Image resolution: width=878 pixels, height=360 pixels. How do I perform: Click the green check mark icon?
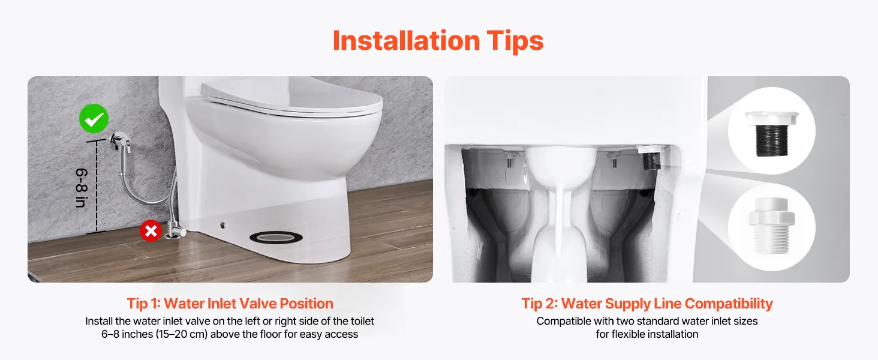94,118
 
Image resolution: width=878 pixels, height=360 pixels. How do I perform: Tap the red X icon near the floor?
151,230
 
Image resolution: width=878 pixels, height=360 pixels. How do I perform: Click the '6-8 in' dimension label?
82,188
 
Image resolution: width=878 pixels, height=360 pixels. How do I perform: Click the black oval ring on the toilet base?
276,237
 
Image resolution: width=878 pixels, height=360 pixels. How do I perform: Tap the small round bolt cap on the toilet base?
223,225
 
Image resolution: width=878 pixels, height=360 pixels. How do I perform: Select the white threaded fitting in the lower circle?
771,226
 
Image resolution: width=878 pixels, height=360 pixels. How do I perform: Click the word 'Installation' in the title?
406,40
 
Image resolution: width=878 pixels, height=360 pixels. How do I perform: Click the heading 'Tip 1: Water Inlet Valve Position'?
230,304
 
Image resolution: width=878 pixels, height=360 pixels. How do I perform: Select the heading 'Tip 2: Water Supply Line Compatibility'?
647,304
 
